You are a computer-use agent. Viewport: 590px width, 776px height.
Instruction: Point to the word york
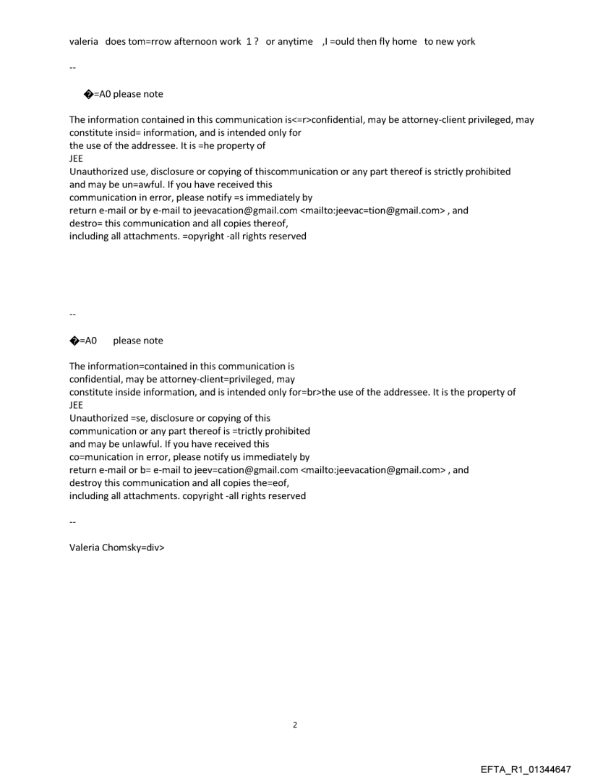click(x=464, y=41)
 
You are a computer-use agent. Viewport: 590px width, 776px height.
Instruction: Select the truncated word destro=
click(x=87, y=223)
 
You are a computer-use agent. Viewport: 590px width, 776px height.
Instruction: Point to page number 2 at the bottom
click(x=294, y=725)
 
